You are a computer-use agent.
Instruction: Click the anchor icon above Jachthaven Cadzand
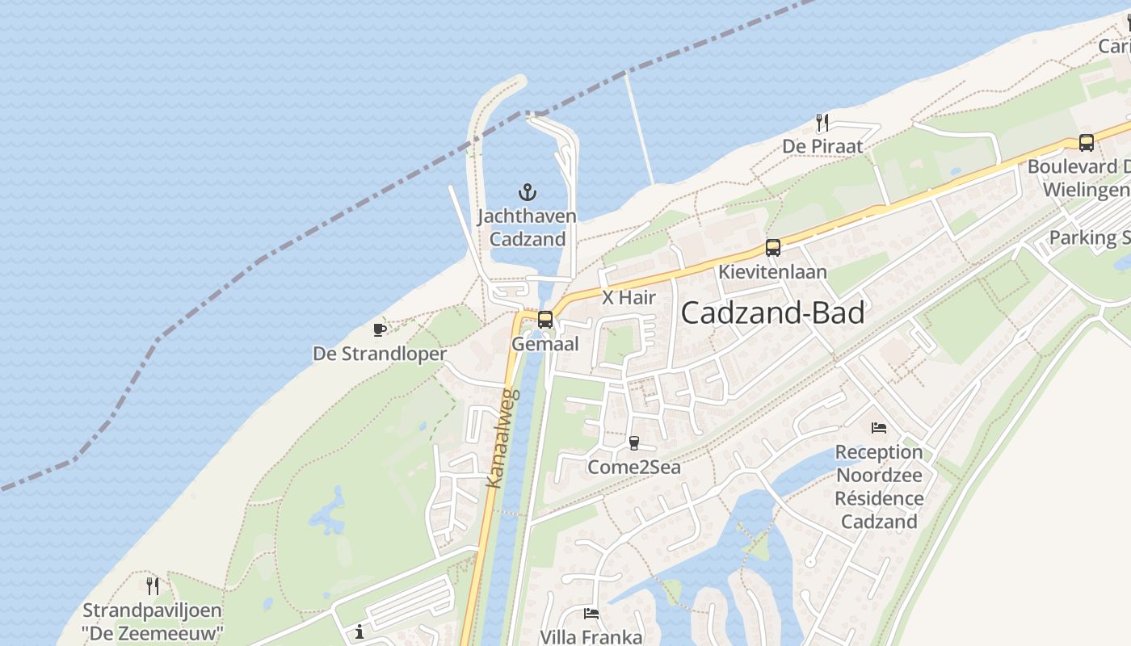tap(527, 192)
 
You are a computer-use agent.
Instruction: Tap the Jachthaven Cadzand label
tap(527, 228)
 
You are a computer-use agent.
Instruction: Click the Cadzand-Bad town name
tap(772, 313)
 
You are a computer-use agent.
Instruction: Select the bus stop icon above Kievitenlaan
tap(773, 248)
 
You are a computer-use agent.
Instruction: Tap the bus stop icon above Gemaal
tap(545, 320)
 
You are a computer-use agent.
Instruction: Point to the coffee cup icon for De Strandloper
tap(379, 329)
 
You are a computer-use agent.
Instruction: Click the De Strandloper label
tap(380, 354)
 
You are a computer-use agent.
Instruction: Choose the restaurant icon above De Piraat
tap(822, 123)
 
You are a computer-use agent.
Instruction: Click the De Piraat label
tap(822, 146)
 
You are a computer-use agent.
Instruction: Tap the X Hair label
tap(629, 297)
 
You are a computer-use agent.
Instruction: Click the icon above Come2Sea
tap(634, 443)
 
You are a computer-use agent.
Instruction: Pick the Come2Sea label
tap(634, 467)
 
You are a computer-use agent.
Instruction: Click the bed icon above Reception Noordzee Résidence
tap(879, 427)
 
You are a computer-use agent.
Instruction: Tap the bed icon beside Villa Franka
tap(591, 614)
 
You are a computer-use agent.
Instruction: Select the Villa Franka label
tap(591, 637)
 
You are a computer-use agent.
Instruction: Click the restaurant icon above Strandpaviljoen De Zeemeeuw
tap(153, 585)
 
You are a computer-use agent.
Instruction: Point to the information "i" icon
tap(359, 631)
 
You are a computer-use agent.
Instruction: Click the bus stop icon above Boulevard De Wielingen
tap(1087, 143)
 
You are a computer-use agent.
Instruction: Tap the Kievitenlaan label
tap(773, 271)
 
